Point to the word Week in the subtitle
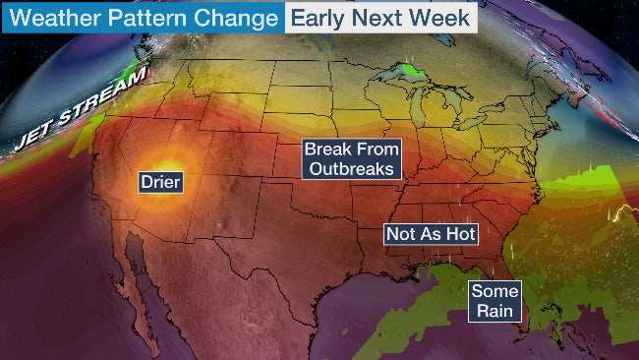tap(441, 18)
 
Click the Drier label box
tap(162, 182)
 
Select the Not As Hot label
tap(431, 234)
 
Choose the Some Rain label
tap(494, 301)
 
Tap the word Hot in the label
tap(459, 234)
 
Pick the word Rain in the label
tap(494, 311)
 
